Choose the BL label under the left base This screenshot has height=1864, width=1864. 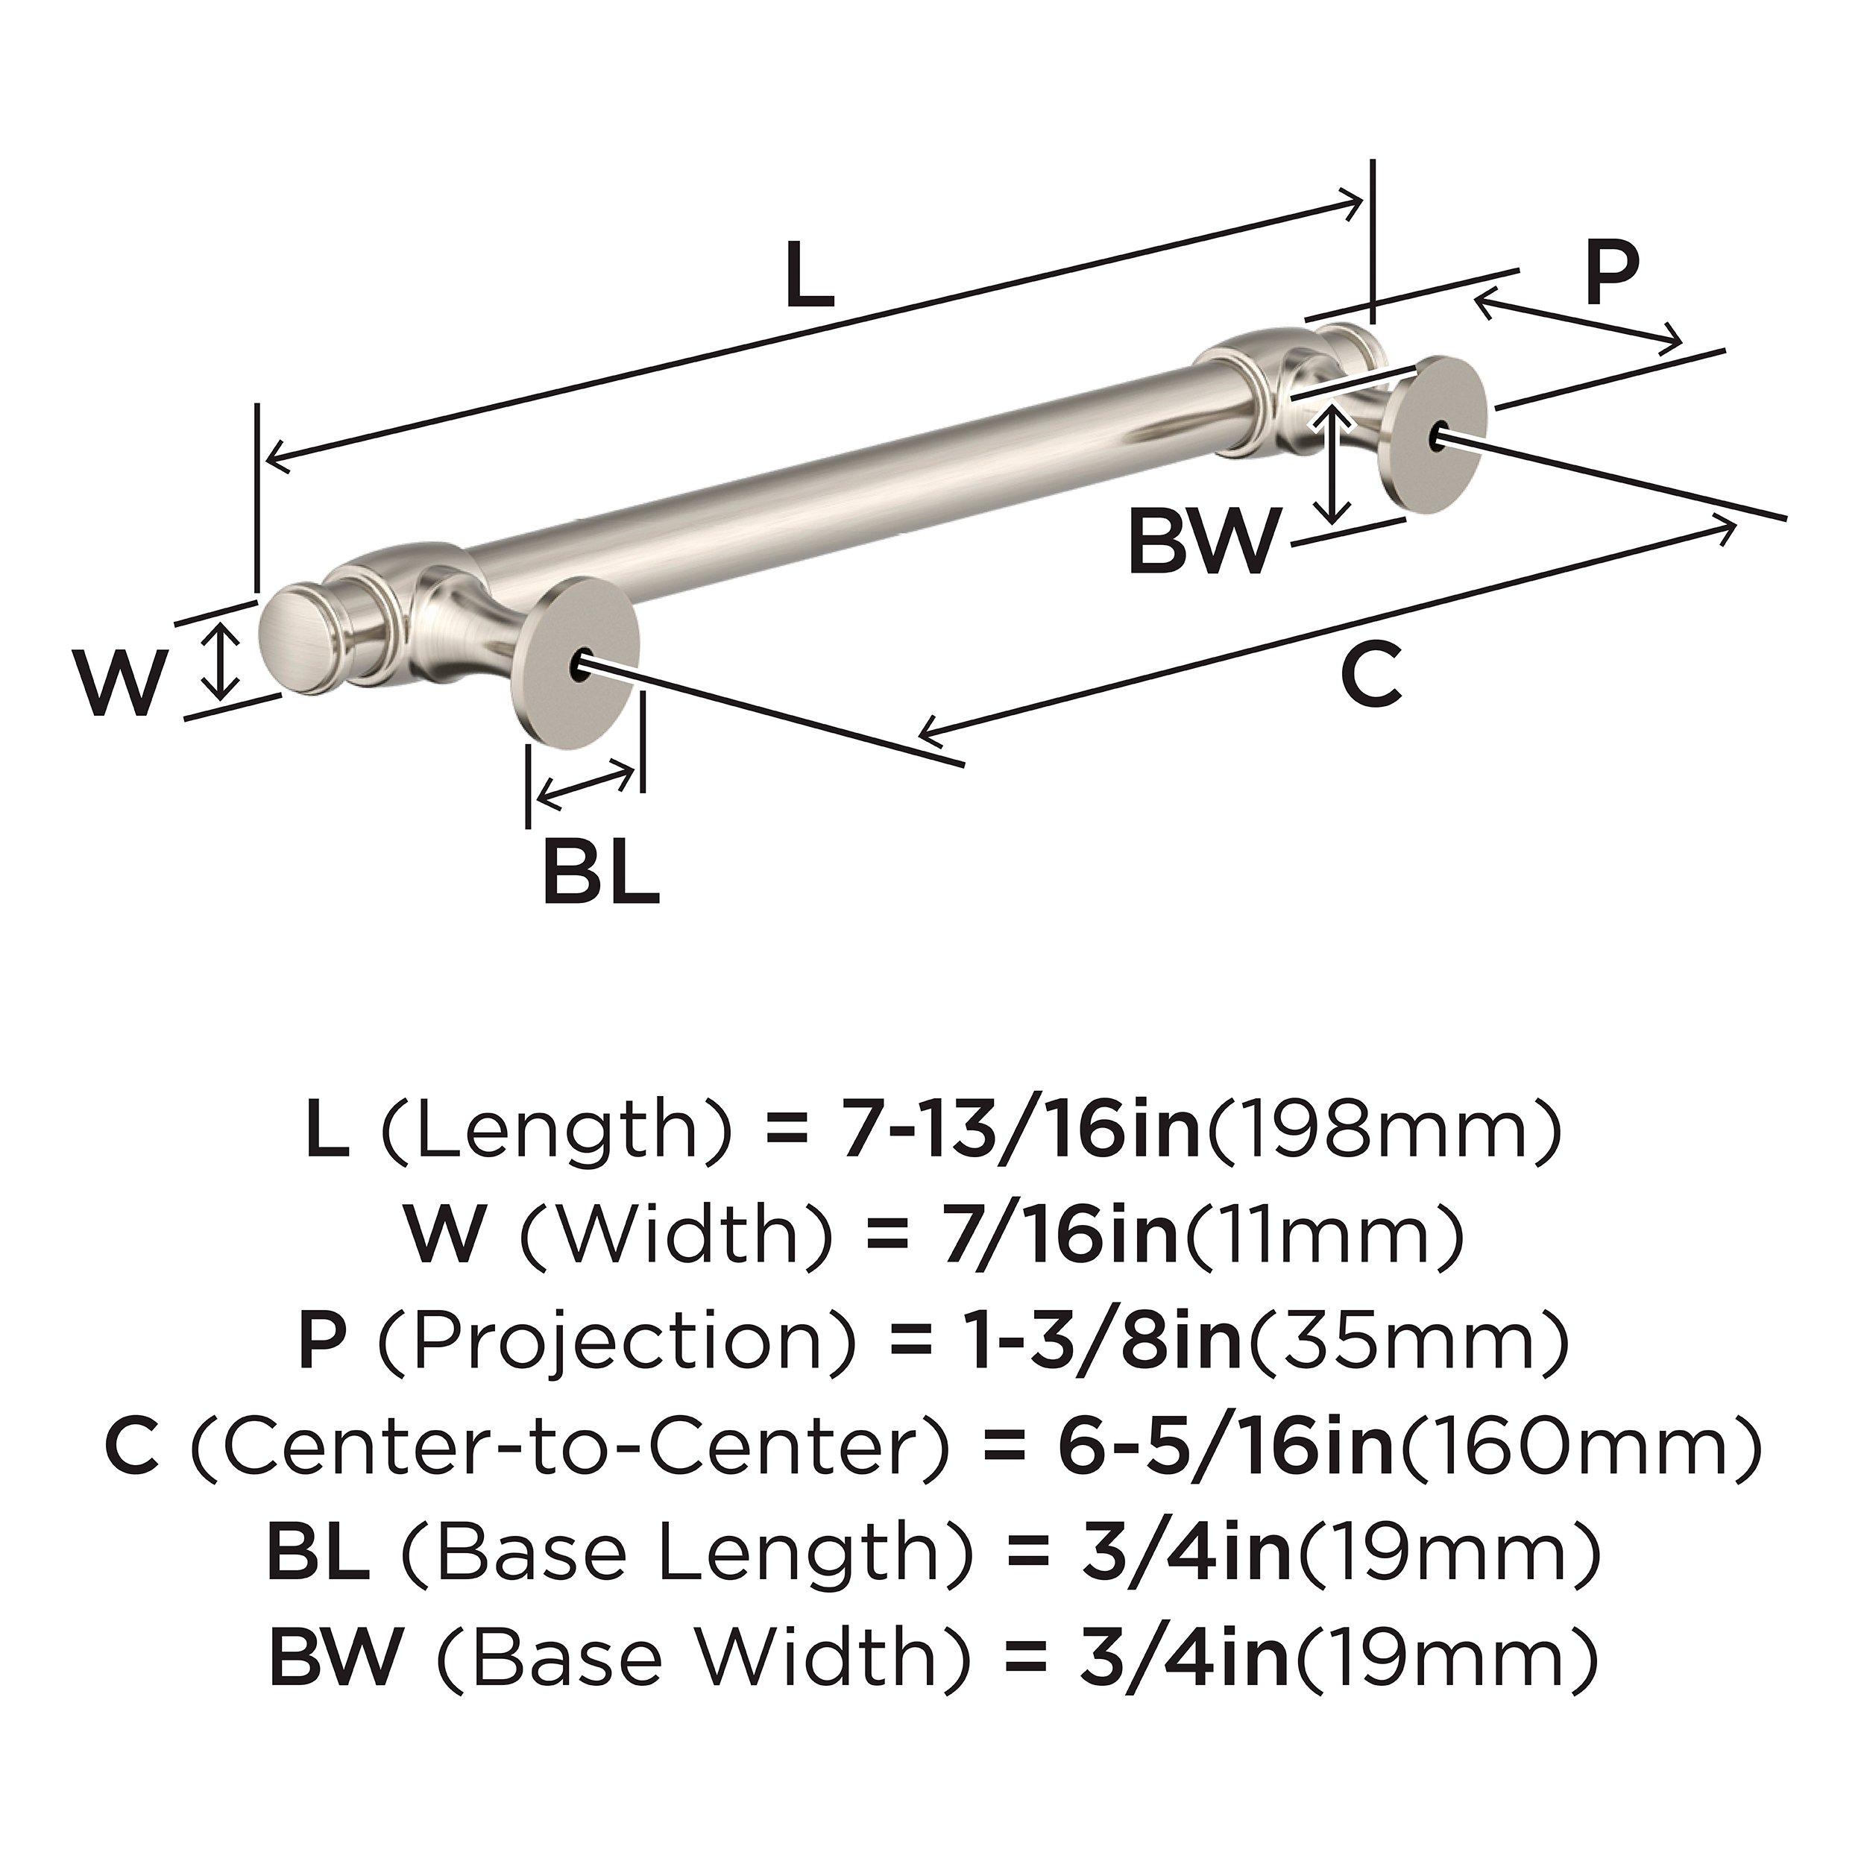[x=600, y=873]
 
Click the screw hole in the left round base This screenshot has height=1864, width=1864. [x=579, y=665]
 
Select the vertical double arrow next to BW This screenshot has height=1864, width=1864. [x=1332, y=464]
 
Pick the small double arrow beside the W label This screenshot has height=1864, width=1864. [x=223, y=660]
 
